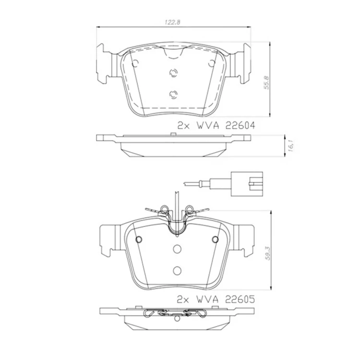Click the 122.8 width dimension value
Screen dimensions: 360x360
tap(173, 22)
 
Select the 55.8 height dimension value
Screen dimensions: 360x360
tap(266, 83)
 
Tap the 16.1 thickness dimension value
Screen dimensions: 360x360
tap(290, 145)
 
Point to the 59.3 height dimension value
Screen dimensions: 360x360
tap(268, 253)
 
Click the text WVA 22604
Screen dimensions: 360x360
tap(226, 126)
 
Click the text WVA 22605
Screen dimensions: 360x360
tap(226, 299)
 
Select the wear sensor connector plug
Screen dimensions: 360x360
tap(247, 184)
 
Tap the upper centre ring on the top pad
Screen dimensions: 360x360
tap(173, 73)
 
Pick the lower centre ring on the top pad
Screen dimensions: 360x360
tap(173, 95)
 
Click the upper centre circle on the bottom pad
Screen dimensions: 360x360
tap(177, 249)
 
